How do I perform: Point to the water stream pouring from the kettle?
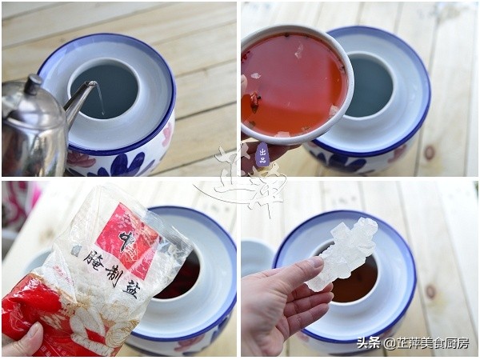[x=101, y=100]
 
